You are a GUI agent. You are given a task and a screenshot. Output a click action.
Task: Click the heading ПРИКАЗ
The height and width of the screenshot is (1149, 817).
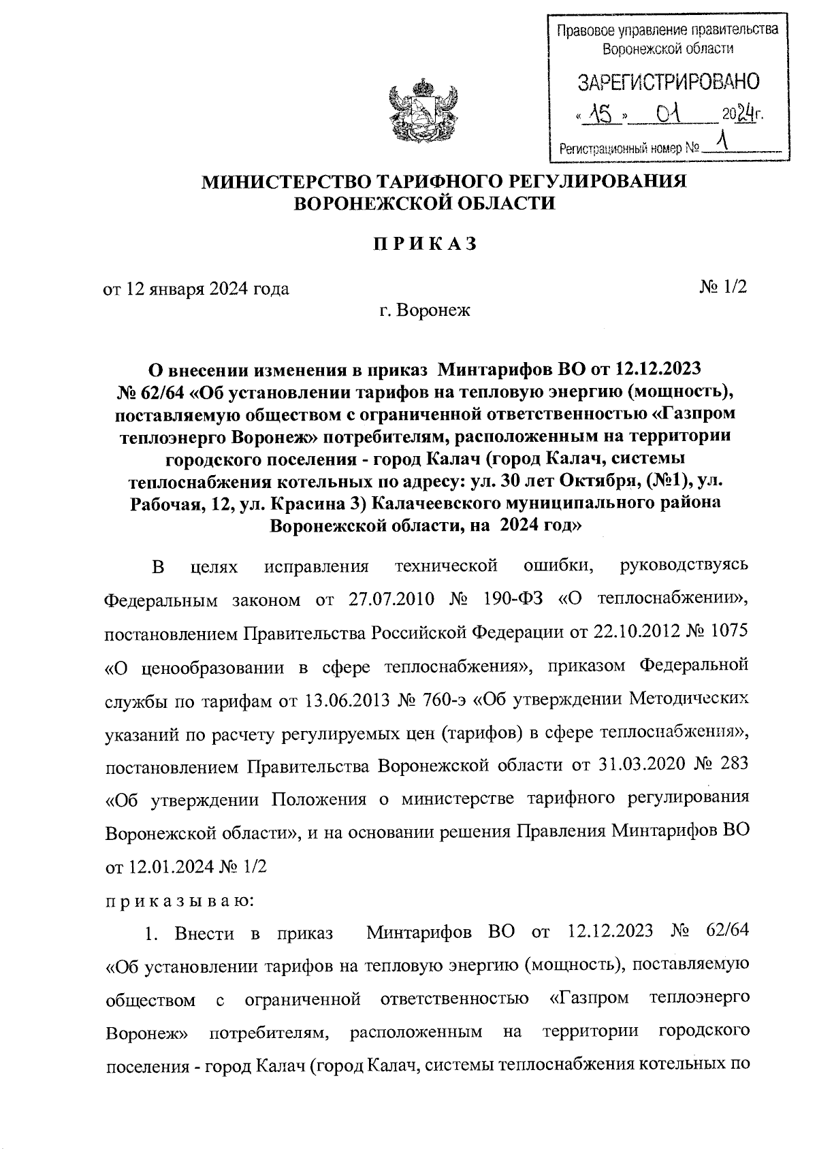[423, 244]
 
